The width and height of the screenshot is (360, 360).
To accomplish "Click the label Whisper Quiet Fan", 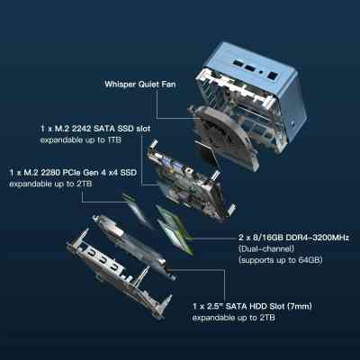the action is [x=140, y=84].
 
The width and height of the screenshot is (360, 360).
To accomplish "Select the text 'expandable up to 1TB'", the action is [x=81, y=139].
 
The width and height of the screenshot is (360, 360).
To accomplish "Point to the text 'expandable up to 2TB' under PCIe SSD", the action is [x=50, y=184].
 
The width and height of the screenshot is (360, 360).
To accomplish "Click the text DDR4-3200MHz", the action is [x=318, y=238].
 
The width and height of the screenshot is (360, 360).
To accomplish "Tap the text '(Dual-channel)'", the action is [x=266, y=248].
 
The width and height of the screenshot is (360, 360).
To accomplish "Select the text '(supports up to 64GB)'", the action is [x=281, y=260].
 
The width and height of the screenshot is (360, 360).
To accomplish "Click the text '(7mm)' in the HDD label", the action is [x=299, y=306].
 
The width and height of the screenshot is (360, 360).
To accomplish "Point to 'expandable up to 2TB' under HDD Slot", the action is [x=233, y=318].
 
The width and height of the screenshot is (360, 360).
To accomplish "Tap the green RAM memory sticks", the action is [x=174, y=228].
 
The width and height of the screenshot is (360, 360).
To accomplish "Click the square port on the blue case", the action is [x=272, y=76].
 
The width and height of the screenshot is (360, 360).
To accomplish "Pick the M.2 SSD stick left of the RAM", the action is [x=136, y=211].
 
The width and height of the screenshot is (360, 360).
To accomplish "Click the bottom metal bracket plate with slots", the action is [x=118, y=273].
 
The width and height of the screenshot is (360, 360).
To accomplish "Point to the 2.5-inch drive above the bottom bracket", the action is [x=133, y=246].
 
